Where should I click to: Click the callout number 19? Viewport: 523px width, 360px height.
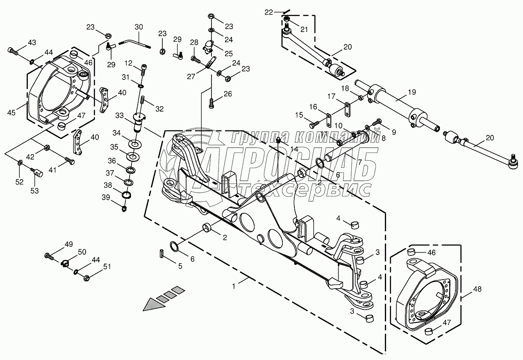click(x=412, y=92)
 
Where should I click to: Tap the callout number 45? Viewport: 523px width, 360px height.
click(x=11, y=113)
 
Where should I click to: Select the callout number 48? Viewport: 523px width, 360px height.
click(x=477, y=289)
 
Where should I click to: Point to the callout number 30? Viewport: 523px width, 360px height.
click(x=139, y=27)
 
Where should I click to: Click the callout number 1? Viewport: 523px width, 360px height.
click(x=234, y=286)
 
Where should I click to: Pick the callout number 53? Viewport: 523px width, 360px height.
click(x=34, y=191)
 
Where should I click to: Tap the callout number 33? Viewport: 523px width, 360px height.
click(x=119, y=115)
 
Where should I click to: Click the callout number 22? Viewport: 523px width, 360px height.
click(x=269, y=12)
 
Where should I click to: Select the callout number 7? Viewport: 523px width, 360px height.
click(x=360, y=162)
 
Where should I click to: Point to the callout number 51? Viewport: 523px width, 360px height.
click(x=107, y=267)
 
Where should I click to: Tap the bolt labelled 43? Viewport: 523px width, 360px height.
click(x=13, y=52)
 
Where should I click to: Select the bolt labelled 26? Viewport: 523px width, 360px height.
click(x=211, y=103)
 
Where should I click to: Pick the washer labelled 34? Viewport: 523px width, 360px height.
click(x=135, y=143)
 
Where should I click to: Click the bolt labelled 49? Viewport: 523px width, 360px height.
click(x=49, y=256)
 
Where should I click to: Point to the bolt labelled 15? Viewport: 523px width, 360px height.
click(x=314, y=125)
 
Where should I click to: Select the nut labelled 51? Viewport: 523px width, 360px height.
click(x=86, y=278)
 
